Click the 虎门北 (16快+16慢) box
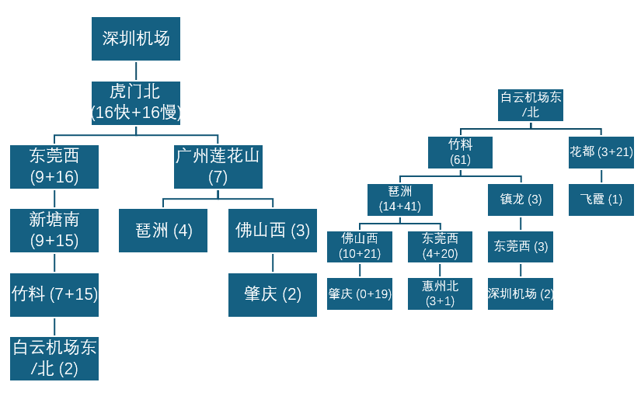point(136,103)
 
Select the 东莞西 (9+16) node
point(54,167)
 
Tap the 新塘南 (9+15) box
point(54,231)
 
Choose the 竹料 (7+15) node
point(54,294)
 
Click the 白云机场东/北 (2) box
point(54,359)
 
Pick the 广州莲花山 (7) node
point(218,167)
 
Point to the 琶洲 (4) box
point(163,231)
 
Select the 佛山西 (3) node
point(273,231)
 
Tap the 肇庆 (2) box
point(273,294)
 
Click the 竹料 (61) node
point(460,152)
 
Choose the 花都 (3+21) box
point(601,152)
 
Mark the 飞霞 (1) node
point(601,200)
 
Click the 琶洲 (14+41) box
point(400,200)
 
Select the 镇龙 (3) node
point(521,200)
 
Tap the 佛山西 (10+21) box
point(360,247)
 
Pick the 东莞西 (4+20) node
point(440,247)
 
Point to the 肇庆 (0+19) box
point(360,294)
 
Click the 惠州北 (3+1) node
point(440,294)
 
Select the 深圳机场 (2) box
point(521,294)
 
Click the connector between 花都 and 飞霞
point(601,176)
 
